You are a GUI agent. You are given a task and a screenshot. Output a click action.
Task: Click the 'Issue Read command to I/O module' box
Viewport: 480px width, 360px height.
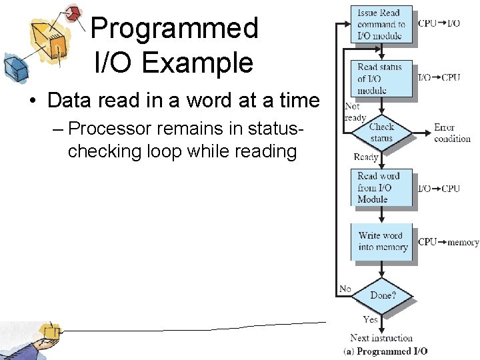[x=381, y=24]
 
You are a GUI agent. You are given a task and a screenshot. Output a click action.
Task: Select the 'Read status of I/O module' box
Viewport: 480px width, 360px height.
[x=381, y=78]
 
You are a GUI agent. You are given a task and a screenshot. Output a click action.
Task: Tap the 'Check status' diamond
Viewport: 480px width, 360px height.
[x=381, y=132]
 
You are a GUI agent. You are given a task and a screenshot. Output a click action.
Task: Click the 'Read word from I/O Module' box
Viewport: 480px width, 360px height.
[x=381, y=187]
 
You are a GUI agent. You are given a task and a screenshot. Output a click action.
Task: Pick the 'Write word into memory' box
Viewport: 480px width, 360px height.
[x=382, y=241]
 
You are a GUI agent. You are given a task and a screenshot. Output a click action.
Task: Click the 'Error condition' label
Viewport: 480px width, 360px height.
[x=452, y=133]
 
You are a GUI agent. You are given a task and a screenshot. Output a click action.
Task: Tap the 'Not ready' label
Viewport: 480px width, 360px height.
[x=354, y=112]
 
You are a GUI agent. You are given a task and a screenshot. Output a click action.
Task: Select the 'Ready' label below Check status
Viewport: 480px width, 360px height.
[x=365, y=157]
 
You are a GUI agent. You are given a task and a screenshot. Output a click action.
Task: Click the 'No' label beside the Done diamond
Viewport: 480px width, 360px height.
[x=345, y=288]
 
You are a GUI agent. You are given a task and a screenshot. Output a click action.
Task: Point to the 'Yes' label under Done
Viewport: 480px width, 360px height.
[x=371, y=319]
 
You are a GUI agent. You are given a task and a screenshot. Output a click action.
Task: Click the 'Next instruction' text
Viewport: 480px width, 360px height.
[x=381, y=338]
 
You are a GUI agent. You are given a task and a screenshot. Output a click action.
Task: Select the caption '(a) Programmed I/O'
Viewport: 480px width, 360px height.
[x=386, y=351]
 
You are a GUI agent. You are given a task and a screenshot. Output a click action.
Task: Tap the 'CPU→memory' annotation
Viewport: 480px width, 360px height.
[x=448, y=242]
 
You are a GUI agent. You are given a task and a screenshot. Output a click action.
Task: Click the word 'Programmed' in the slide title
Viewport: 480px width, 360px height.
[x=174, y=28]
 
